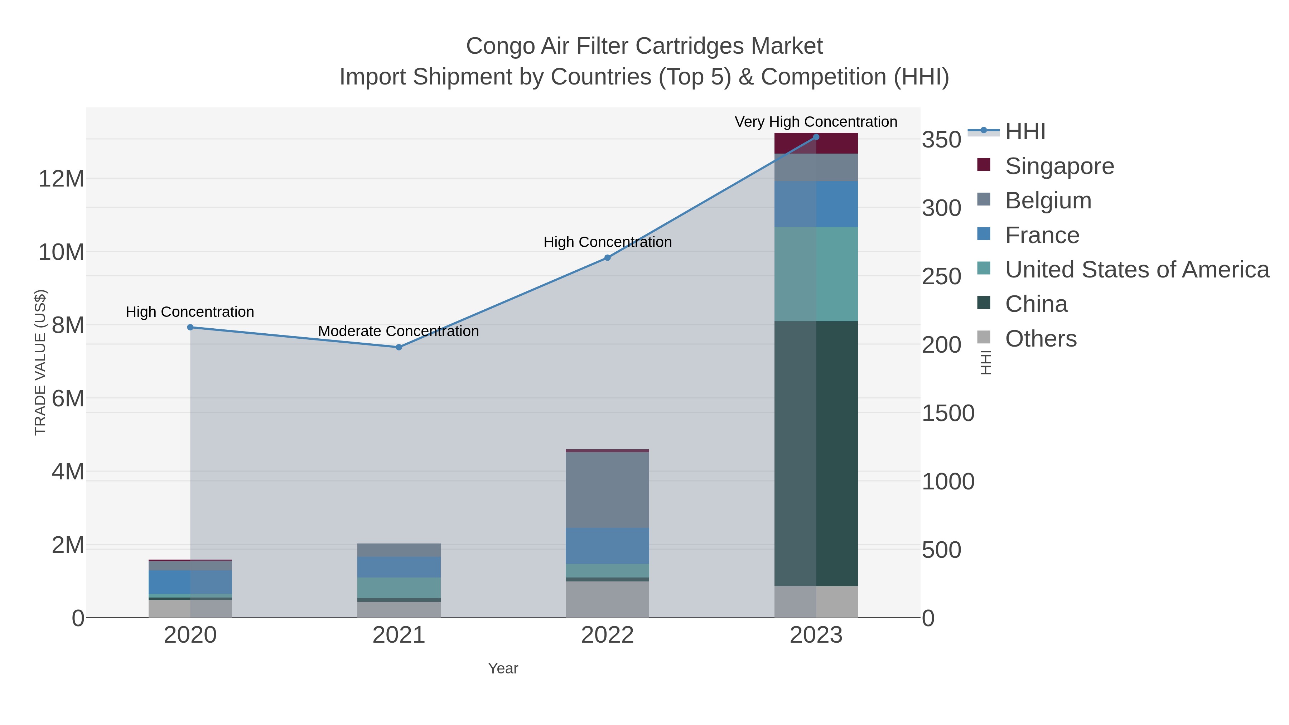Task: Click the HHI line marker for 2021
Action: (399, 347)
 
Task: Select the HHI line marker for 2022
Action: (608, 258)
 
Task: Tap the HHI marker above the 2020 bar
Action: (190, 327)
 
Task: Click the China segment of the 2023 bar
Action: (816, 453)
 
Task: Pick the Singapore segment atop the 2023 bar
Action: (816, 144)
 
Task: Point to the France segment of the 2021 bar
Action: (399, 567)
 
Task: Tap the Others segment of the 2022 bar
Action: (608, 599)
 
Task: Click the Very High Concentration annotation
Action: (816, 122)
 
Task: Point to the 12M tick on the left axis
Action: (61, 179)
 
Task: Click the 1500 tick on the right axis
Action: (948, 413)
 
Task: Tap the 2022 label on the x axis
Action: (608, 635)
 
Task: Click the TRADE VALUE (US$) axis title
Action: (40, 362)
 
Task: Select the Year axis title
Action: (503, 668)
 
